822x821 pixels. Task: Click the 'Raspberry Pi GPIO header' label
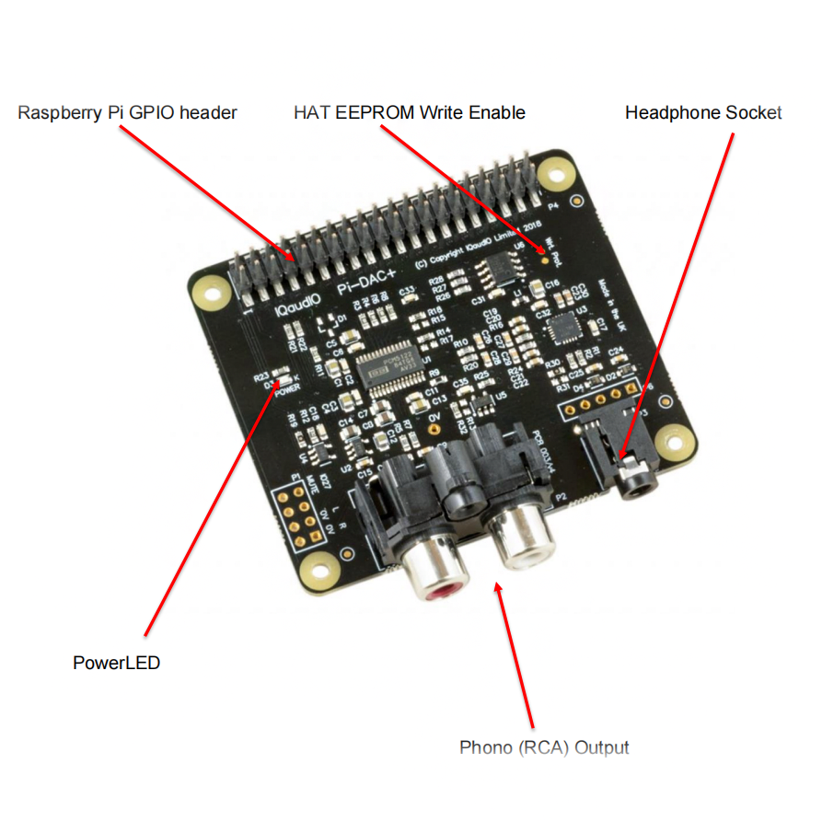tap(128, 112)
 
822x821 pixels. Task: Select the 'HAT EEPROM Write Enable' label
tap(410, 112)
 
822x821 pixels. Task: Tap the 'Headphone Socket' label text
tap(703, 112)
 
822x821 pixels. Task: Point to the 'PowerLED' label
tap(116, 662)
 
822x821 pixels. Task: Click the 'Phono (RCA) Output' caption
tap(544, 746)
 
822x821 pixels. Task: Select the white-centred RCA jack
tap(521, 542)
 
